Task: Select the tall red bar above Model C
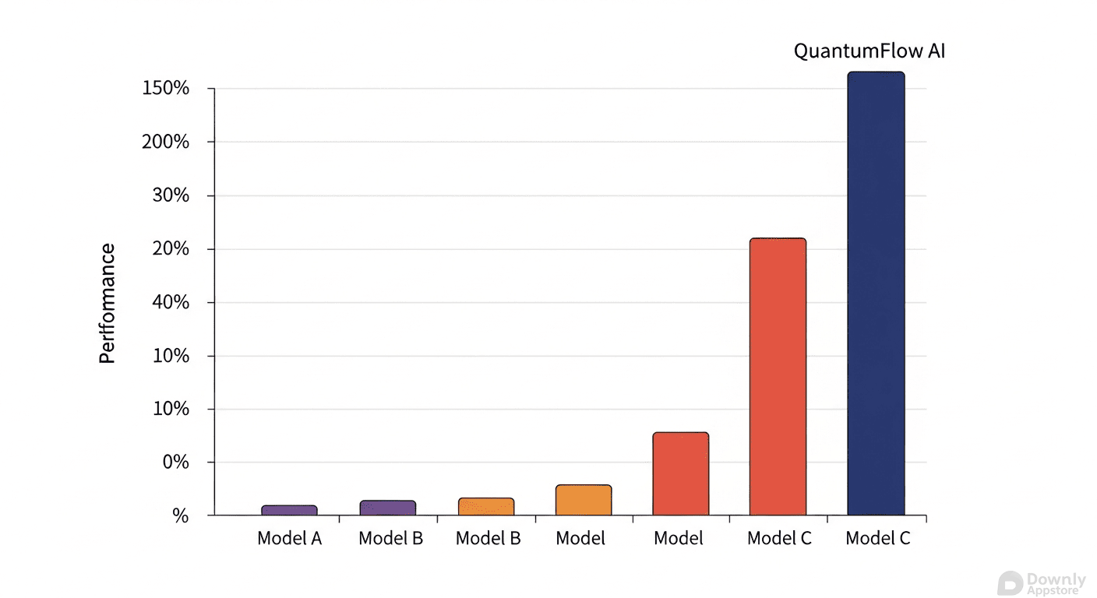click(778, 377)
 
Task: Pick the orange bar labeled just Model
click(584, 500)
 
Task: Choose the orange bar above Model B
click(486, 507)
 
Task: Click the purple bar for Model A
click(289, 510)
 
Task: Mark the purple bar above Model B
click(387, 508)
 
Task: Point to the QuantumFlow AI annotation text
click(869, 51)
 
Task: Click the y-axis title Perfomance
click(108, 304)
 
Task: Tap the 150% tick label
click(166, 88)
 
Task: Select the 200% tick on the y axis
click(166, 142)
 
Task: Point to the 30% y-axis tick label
click(171, 195)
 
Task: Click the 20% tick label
click(171, 249)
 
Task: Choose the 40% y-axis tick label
click(171, 302)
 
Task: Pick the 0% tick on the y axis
click(175, 463)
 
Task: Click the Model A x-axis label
click(289, 538)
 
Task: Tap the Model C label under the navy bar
click(877, 538)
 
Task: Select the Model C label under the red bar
click(779, 538)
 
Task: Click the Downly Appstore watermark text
click(1056, 583)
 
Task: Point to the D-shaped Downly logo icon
click(1010, 583)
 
